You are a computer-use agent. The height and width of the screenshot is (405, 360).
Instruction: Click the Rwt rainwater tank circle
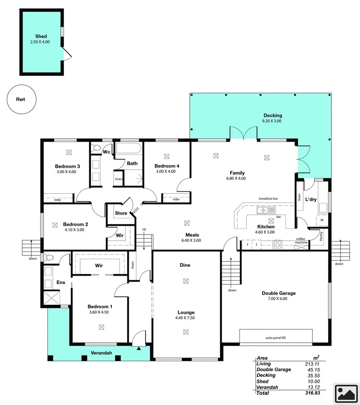pos(21,100)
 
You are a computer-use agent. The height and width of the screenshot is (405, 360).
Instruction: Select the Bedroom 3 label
pos(67,166)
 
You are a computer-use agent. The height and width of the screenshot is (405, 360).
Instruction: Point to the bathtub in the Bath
pos(128,149)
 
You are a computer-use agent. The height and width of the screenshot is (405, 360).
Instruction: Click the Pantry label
pos(321,236)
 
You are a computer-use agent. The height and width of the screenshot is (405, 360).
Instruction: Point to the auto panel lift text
pos(276,337)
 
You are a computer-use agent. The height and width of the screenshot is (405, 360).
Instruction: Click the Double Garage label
pos(278,293)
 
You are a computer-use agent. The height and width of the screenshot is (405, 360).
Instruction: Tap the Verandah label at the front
pos(101,353)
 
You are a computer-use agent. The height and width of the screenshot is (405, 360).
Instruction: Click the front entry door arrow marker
pos(139,347)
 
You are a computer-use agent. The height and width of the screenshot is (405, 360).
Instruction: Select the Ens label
pos(61,282)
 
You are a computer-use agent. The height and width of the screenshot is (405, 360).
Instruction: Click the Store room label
pos(121,213)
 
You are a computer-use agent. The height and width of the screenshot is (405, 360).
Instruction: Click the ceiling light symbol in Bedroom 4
pos(167,156)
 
